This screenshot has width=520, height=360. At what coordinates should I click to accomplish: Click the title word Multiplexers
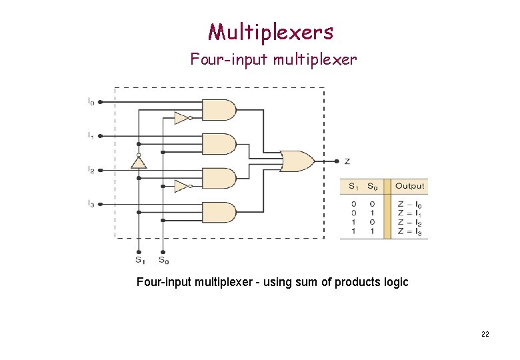click(x=270, y=31)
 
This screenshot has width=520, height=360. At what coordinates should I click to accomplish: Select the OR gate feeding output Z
click(x=297, y=161)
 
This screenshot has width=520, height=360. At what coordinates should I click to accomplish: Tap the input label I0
click(x=91, y=102)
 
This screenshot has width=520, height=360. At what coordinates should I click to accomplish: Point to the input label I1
click(x=91, y=135)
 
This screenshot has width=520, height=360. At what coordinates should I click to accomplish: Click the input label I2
click(x=91, y=170)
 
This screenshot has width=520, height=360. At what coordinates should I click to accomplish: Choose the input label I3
click(x=91, y=203)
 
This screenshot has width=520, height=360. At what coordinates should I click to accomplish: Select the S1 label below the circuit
click(x=139, y=259)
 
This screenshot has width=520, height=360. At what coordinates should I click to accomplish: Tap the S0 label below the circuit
click(x=163, y=259)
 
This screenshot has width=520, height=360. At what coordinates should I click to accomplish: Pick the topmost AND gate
click(x=218, y=109)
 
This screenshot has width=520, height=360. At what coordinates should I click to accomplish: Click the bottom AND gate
click(x=218, y=212)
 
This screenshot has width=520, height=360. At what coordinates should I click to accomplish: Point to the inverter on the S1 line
click(x=139, y=162)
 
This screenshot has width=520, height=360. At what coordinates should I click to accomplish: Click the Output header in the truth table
click(x=409, y=185)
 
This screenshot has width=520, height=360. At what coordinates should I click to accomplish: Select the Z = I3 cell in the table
click(x=409, y=232)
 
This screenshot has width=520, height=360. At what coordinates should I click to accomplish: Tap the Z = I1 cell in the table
click(x=409, y=214)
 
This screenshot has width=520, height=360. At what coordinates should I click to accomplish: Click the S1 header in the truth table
click(x=352, y=185)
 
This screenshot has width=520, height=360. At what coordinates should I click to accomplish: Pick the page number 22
click(x=485, y=334)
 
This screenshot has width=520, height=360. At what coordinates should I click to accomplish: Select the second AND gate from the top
click(x=218, y=143)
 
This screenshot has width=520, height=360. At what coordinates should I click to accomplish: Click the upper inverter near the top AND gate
click(x=181, y=118)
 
